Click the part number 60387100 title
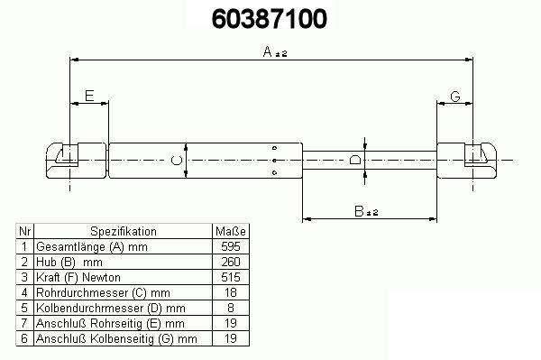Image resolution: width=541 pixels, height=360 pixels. (x=269, y=19)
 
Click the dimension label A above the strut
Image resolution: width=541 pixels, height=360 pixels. (x=268, y=51)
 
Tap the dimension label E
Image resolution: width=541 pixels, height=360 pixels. (x=89, y=96)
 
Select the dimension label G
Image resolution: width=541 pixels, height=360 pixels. (x=455, y=97)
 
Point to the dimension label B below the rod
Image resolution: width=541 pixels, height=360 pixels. (x=359, y=211)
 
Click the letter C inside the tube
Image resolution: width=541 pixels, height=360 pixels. (x=177, y=161)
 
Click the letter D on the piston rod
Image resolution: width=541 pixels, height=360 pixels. (x=355, y=160)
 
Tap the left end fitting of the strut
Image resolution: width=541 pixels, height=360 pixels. (x=76, y=161)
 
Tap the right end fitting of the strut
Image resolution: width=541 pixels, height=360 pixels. (x=467, y=161)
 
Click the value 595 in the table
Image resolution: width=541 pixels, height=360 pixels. (x=231, y=246)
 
